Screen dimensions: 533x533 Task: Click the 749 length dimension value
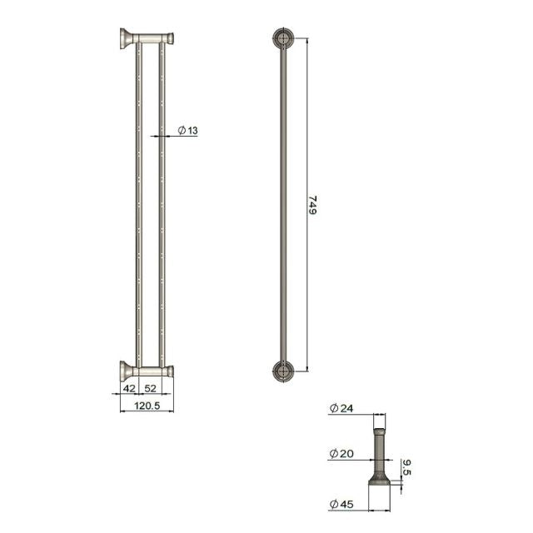pos(313,206)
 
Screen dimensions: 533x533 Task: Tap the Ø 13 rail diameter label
pos(187,130)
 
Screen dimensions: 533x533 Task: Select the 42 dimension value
pos(129,388)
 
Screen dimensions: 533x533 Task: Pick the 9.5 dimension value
pos(406,468)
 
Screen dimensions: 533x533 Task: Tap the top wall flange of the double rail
pos(125,38)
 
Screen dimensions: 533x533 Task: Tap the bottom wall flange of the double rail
pos(125,370)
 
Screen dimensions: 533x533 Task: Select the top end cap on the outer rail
pos(170,37)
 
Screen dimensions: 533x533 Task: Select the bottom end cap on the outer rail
pos(170,371)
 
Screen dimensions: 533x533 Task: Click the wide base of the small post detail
pos(380,480)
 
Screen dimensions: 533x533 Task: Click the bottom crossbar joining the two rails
pos(151,371)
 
